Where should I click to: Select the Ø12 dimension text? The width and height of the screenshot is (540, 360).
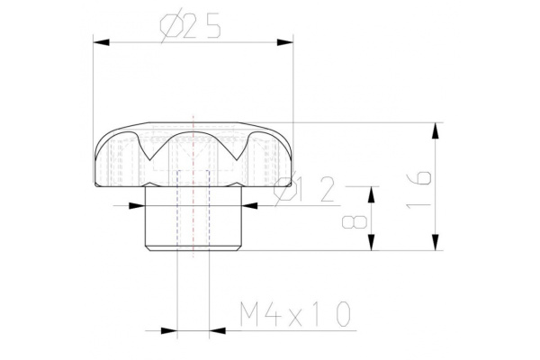click(x=304, y=191)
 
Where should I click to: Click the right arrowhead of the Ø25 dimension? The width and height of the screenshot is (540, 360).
click(x=285, y=40)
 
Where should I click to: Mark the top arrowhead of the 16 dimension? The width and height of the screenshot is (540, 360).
click(x=436, y=130)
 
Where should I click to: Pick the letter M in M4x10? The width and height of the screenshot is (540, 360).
click(x=251, y=314)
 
